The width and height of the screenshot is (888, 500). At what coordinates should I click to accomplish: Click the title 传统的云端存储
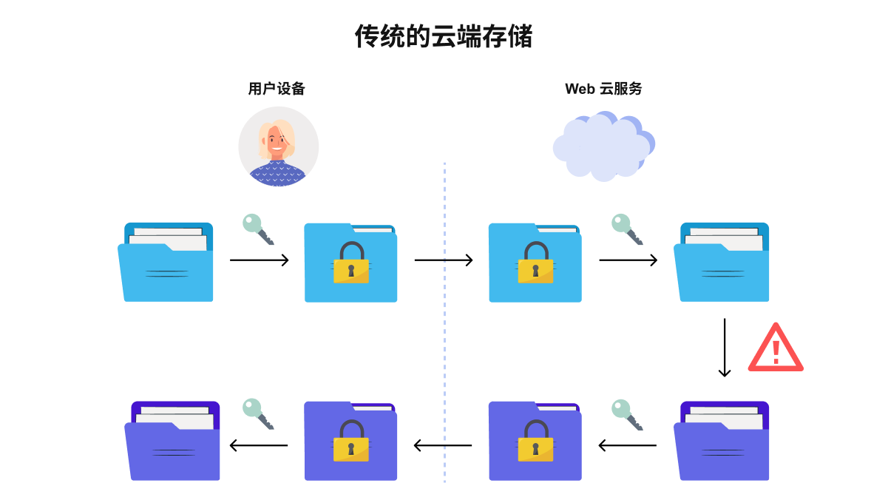(x=443, y=36)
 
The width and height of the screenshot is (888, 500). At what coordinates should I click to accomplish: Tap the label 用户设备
(x=277, y=89)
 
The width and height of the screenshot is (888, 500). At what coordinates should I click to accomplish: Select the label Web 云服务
(x=603, y=89)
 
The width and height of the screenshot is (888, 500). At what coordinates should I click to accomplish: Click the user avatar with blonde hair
(x=278, y=146)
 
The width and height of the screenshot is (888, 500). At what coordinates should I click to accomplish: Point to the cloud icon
(x=604, y=146)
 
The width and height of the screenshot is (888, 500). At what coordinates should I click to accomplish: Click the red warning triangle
(x=776, y=348)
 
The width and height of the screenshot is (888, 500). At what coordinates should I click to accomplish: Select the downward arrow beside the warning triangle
(x=725, y=348)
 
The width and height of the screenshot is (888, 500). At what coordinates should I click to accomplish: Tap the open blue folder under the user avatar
(x=166, y=262)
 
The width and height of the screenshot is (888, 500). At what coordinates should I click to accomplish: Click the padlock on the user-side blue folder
(x=351, y=263)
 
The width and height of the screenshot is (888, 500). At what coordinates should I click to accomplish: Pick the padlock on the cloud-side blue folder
(x=535, y=263)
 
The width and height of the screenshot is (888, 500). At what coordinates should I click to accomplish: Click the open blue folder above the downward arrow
(x=721, y=262)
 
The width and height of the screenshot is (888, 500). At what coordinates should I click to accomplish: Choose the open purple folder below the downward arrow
(x=721, y=441)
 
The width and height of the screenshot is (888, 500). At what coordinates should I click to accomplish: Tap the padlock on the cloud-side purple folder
(x=535, y=441)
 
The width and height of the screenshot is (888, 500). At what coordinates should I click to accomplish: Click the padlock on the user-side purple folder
(x=351, y=441)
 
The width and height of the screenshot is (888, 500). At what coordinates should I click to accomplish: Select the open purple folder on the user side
(x=172, y=441)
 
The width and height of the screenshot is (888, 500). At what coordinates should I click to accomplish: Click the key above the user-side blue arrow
(x=258, y=229)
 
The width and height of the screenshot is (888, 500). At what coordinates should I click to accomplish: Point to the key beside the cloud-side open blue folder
(x=627, y=229)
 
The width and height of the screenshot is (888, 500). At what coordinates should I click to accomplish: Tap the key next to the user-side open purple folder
(x=258, y=414)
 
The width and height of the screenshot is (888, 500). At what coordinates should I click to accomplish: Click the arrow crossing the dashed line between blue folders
(x=444, y=260)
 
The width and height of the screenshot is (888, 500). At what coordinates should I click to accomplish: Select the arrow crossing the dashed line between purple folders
(x=443, y=445)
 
